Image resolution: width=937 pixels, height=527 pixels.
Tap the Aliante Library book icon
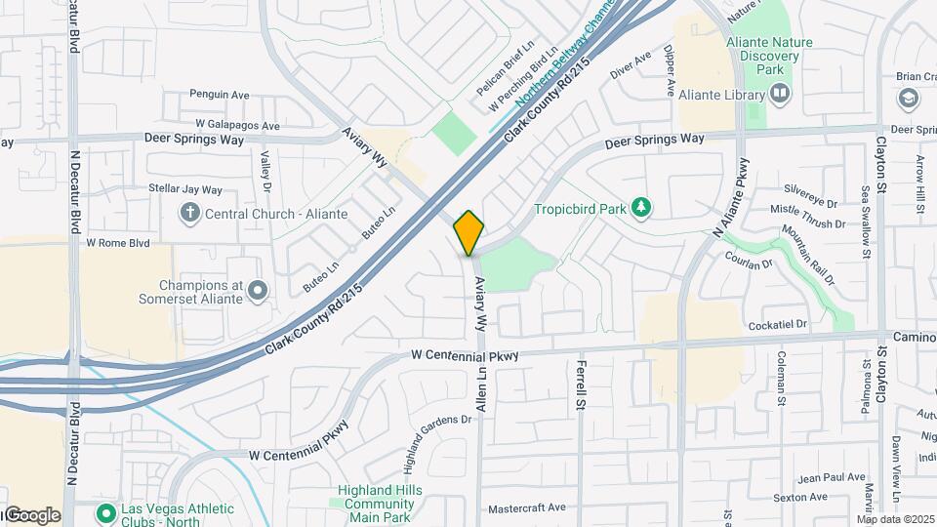(x=780, y=94)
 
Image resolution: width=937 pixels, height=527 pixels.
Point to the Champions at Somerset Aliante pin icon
(x=257, y=290)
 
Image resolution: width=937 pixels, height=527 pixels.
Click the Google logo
(x=31, y=515)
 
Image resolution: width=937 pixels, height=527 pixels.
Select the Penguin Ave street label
(x=221, y=95)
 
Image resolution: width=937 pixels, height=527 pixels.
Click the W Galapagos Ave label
(x=237, y=125)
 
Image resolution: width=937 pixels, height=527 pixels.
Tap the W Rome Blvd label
(x=118, y=242)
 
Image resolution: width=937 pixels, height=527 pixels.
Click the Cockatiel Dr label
(x=778, y=324)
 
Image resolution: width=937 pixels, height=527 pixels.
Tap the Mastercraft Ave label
(x=527, y=507)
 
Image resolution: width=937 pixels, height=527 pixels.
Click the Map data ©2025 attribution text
(x=896, y=519)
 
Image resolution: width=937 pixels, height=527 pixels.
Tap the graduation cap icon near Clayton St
(x=909, y=99)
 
